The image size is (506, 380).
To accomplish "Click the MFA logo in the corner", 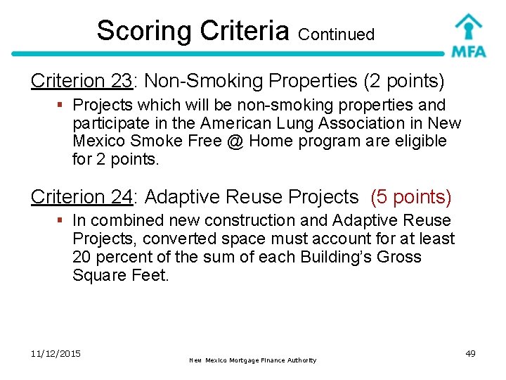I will pyautogui.click(x=467, y=35).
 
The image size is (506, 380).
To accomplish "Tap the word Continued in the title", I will pyautogui.click(x=337, y=34).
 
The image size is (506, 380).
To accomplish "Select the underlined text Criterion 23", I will pyautogui.click(x=82, y=82).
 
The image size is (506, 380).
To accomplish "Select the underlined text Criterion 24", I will pyautogui.click(x=82, y=197).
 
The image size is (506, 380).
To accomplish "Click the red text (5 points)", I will pyautogui.click(x=410, y=197).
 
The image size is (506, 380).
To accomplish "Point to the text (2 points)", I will pyautogui.click(x=403, y=82).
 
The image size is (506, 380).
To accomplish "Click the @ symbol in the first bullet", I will pyautogui.click(x=235, y=141).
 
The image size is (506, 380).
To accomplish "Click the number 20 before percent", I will pyautogui.click(x=83, y=257).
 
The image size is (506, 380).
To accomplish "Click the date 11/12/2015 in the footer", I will pyautogui.click(x=56, y=353).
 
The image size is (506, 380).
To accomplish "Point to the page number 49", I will pyautogui.click(x=470, y=353).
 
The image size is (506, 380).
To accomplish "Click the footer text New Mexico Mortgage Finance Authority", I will pyautogui.click(x=253, y=360).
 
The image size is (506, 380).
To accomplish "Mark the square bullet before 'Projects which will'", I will pyautogui.click(x=62, y=106).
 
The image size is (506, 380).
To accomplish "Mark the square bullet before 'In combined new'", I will pyautogui.click(x=62, y=221).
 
